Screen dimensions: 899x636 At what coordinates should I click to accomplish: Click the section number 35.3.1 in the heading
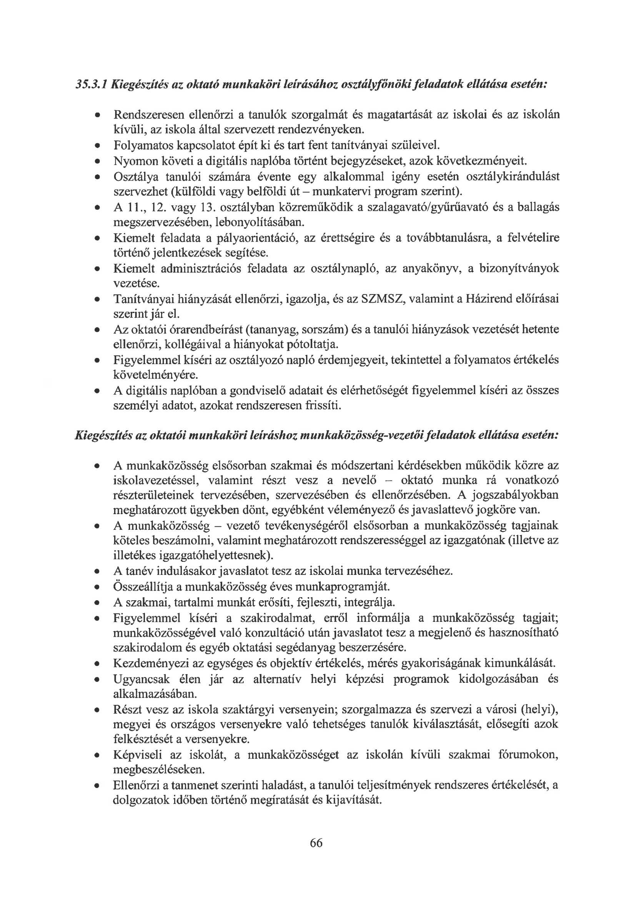[x=91, y=84]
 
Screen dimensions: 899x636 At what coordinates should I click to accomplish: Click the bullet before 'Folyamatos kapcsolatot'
[x=97, y=146]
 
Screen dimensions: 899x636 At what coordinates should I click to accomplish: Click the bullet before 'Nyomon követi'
[x=97, y=161]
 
